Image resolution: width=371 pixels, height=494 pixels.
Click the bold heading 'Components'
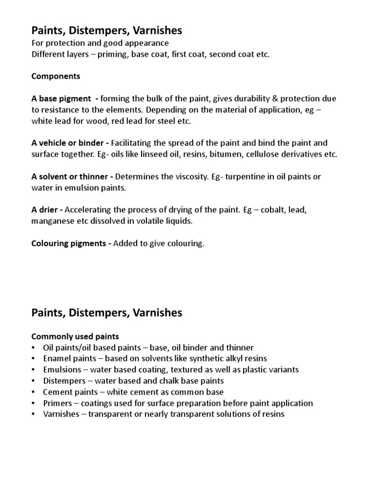(x=56, y=76)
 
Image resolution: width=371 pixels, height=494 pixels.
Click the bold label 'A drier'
(x=46, y=210)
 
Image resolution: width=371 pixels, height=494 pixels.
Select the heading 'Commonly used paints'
(x=75, y=336)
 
